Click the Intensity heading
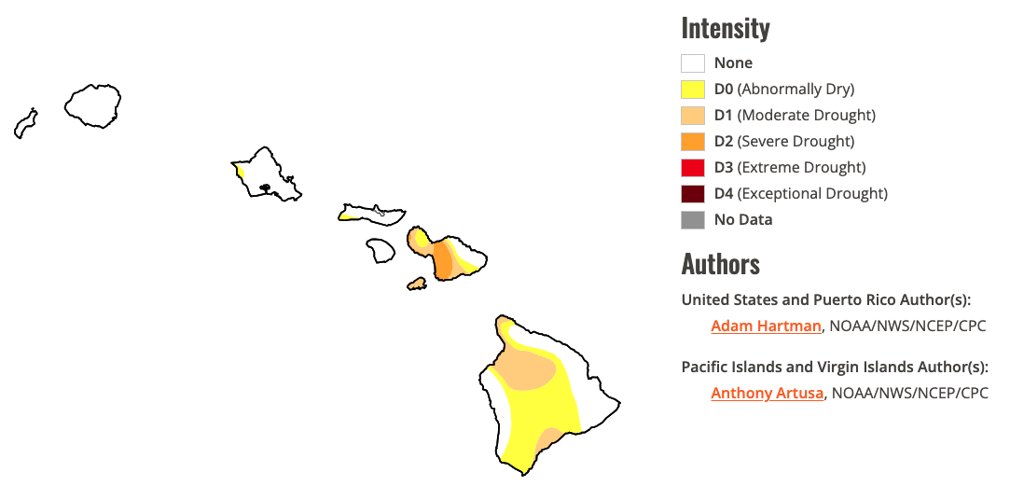coord(726,28)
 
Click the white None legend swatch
coord(692,63)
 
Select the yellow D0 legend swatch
coord(692,90)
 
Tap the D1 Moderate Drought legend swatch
coord(692,116)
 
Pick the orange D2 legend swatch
coord(692,142)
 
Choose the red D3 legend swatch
coord(692,168)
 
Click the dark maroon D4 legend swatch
coord(692,194)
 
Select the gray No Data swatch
coord(692,220)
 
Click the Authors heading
coord(720,264)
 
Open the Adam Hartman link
coord(766,326)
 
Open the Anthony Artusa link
coord(767,393)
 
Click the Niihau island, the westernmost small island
coord(25,123)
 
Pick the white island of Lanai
coord(380,250)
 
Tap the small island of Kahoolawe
coord(417,283)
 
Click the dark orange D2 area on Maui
coord(442,260)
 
